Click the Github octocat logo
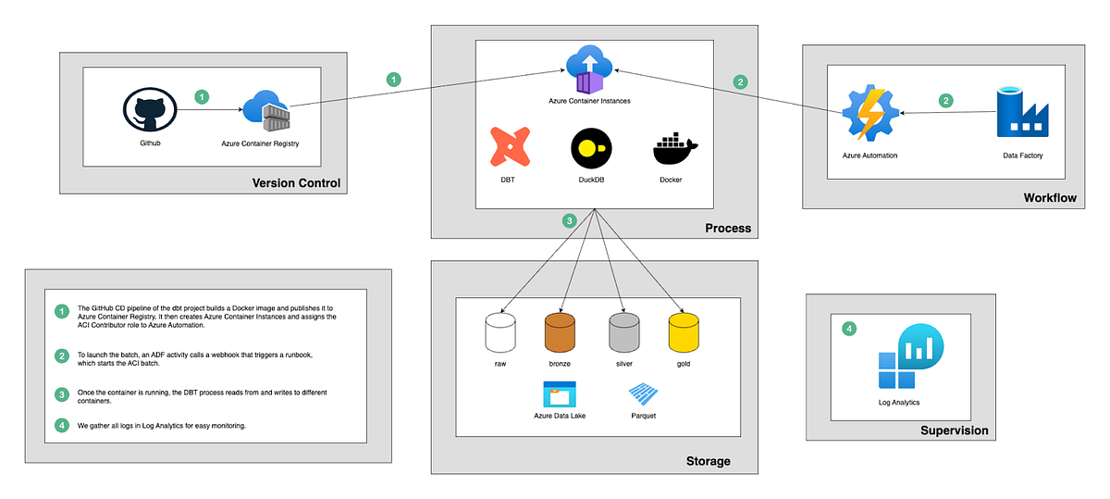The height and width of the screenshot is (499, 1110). (x=148, y=111)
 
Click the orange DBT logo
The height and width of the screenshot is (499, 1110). (x=508, y=148)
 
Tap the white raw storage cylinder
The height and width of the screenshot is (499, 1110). (x=500, y=332)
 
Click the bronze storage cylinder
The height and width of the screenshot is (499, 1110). (x=560, y=332)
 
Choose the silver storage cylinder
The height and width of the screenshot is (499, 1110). (x=623, y=332)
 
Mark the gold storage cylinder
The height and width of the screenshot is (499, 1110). (x=684, y=332)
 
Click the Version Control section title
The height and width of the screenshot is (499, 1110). (x=296, y=183)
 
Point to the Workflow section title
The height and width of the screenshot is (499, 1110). (x=1050, y=198)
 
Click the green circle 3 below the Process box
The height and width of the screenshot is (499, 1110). (x=570, y=220)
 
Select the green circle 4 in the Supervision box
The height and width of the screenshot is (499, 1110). (x=849, y=328)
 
